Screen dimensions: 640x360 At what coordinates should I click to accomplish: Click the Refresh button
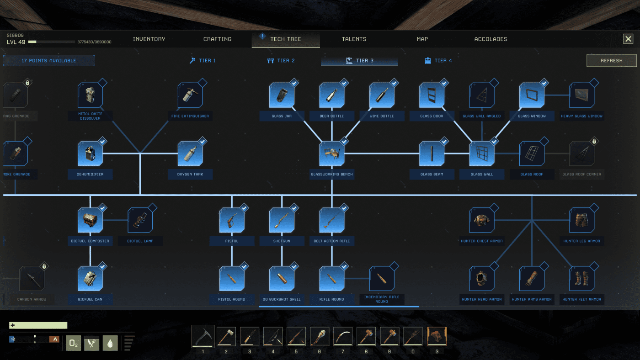tap(611, 60)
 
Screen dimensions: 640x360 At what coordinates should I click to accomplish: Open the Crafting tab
tap(217, 39)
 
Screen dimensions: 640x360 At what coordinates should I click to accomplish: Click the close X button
tap(628, 39)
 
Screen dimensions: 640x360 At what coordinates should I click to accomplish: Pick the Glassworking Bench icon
tap(331, 154)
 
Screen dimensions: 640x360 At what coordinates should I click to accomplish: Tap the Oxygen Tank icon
tap(190, 154)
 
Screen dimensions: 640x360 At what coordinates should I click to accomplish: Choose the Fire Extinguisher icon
tap(190, 95)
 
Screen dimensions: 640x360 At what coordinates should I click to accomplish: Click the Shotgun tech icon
tap(281, 220)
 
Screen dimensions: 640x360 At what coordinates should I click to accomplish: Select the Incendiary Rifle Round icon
tap(381, 279)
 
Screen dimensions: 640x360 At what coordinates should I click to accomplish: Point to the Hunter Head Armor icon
tap(481, 279)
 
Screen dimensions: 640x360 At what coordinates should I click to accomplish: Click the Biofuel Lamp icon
tap(140, 220)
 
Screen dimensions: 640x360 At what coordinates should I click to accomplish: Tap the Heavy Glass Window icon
tap(581, 95)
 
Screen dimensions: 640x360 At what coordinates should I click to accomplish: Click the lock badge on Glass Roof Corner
tap(594, 141)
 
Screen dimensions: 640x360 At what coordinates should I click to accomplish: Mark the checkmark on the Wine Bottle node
tap(395, 83)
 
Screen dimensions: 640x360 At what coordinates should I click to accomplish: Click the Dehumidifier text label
tap(90, 174)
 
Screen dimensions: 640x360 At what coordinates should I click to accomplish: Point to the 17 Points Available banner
tap(49, 60)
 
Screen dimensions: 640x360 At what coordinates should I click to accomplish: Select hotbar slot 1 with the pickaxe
tap(203, 337)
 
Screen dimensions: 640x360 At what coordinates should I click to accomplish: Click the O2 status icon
tap(73, 343)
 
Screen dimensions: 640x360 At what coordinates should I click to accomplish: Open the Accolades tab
tap(491, 39)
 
